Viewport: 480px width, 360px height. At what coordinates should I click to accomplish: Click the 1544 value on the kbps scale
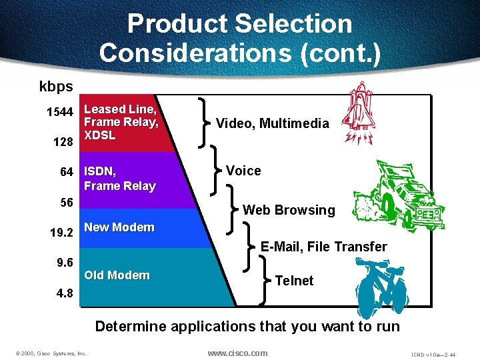click(x=59, y=112)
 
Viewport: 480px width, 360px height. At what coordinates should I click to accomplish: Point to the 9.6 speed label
click(x=64, y=263)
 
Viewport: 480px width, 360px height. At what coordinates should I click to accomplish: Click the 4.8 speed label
click(x=64, y=293)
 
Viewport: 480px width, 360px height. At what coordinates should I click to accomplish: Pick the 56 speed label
click(x=66, y=203)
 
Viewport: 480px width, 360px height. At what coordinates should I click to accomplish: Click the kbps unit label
click(x=56, y=87)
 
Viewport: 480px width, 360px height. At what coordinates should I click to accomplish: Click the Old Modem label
click(x=117, y=275)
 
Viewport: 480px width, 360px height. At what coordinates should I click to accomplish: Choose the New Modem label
click(x=119, y=227)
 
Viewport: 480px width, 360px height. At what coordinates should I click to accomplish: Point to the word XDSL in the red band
click(x=99, y=135)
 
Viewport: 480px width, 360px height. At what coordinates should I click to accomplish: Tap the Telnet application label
click(x=294, y=281)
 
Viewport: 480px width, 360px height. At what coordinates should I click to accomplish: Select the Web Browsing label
click(x=289, y=210)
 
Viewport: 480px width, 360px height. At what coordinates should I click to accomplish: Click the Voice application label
click(x=243, y=171)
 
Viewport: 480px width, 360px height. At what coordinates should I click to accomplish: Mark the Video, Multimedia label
click(x=272, y=123)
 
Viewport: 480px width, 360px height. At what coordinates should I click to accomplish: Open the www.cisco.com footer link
click(x=237, y=353)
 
